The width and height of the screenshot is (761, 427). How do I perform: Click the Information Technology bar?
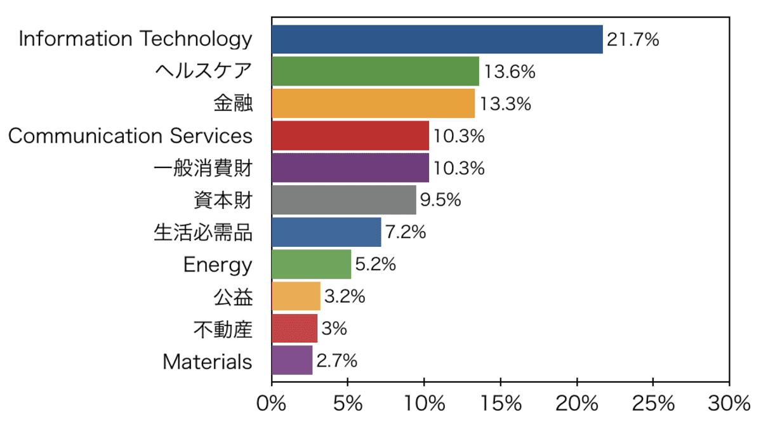coord(437,39)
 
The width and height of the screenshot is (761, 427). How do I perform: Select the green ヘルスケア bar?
coord(375,71)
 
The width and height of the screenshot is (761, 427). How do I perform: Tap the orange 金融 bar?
coord(373,103)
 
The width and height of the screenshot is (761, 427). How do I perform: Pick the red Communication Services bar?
coord(350,136)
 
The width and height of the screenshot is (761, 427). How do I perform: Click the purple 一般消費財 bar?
coord(350,168)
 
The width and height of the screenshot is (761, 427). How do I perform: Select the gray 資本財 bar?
coord(343,200)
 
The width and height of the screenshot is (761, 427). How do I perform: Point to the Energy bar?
coord(311,264)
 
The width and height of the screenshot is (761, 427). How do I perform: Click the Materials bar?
coord(291,360)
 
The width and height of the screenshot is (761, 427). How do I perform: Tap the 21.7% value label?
coord(633,40)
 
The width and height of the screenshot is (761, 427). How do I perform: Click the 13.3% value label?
coord(505,104)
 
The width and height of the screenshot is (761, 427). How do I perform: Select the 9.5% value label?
coord(440,200)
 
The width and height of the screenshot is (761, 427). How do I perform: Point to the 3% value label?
coord(334,329)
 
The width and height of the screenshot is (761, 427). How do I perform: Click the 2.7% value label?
coord(336,361)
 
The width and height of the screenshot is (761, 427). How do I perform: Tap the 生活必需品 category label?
coord(203,232)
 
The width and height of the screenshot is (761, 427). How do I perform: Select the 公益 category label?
coord(233,296)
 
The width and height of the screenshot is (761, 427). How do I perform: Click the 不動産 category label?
coord(223,329)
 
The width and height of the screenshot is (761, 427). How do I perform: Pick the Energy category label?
coord(218,265)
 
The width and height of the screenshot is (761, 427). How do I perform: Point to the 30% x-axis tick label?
coord(729,404)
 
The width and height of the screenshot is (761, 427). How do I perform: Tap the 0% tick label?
coord(272,404)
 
